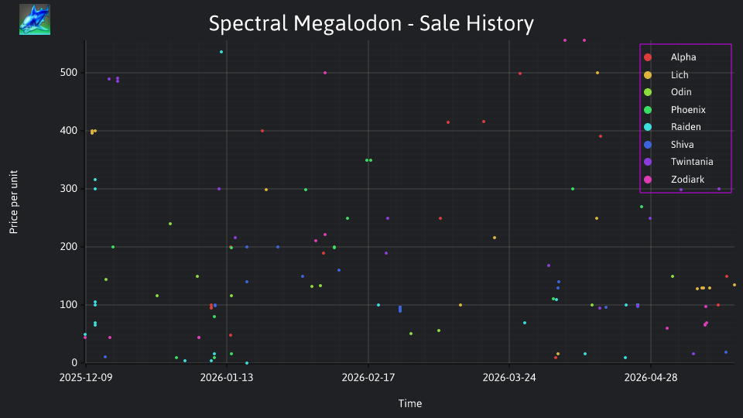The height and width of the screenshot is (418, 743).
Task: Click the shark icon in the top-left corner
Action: point(35,19)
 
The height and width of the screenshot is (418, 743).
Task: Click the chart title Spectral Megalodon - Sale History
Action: point(371,23)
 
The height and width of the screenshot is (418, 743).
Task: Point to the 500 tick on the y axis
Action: point(68,73)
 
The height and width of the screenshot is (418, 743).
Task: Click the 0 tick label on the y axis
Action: point(74,362)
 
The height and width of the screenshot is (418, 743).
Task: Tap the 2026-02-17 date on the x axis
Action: point(368,377)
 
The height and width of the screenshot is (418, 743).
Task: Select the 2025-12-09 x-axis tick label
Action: point(86,377)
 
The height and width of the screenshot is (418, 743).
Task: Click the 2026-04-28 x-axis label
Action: point(651,377)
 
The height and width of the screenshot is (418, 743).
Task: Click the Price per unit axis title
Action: point(13,202)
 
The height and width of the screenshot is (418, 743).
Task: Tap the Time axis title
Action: point(410,403)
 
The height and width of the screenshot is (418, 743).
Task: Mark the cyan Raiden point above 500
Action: point(221,52)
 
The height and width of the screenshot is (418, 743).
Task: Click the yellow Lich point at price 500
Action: point(597,73)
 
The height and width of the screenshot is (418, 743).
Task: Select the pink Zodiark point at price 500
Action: point(325,73)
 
